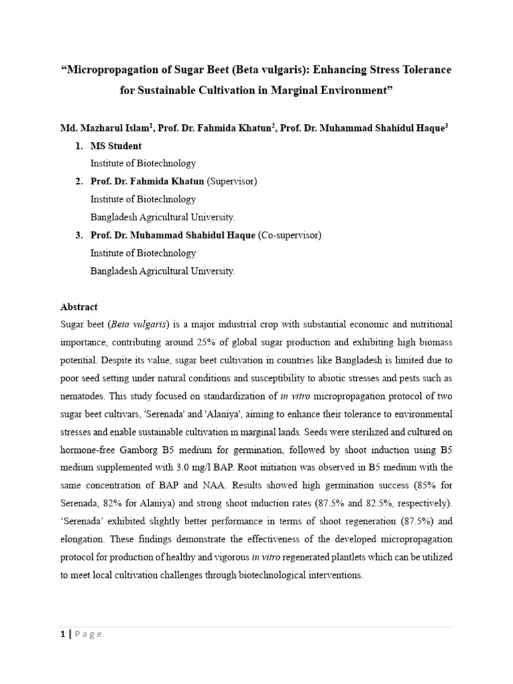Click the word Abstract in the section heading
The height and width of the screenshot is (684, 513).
click(x=79, y=307)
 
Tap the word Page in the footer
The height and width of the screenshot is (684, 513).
click(x=89, y=634)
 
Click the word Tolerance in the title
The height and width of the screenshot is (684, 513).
click(x=422, y=69)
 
